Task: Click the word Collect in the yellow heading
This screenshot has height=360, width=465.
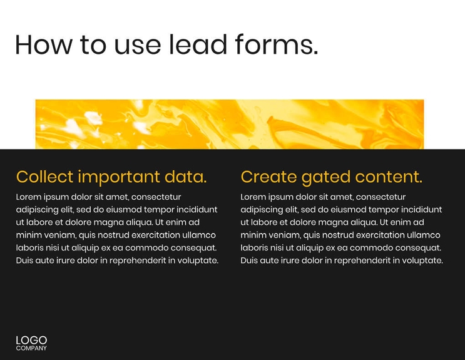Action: (44, 177)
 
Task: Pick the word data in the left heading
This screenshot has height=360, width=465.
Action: (185, 177)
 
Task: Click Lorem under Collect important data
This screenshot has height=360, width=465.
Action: (28, 197)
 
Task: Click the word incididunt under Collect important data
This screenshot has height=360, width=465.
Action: (197, 209)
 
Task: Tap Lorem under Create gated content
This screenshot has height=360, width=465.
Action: (253, 197)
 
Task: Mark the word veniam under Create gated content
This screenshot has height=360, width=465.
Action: (281, 235)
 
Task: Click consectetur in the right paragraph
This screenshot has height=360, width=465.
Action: (374, 197)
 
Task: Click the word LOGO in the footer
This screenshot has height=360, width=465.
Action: (31, 340)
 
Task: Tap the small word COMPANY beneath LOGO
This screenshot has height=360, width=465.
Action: (31, 348)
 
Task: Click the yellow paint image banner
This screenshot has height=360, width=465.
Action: (230, 124)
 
